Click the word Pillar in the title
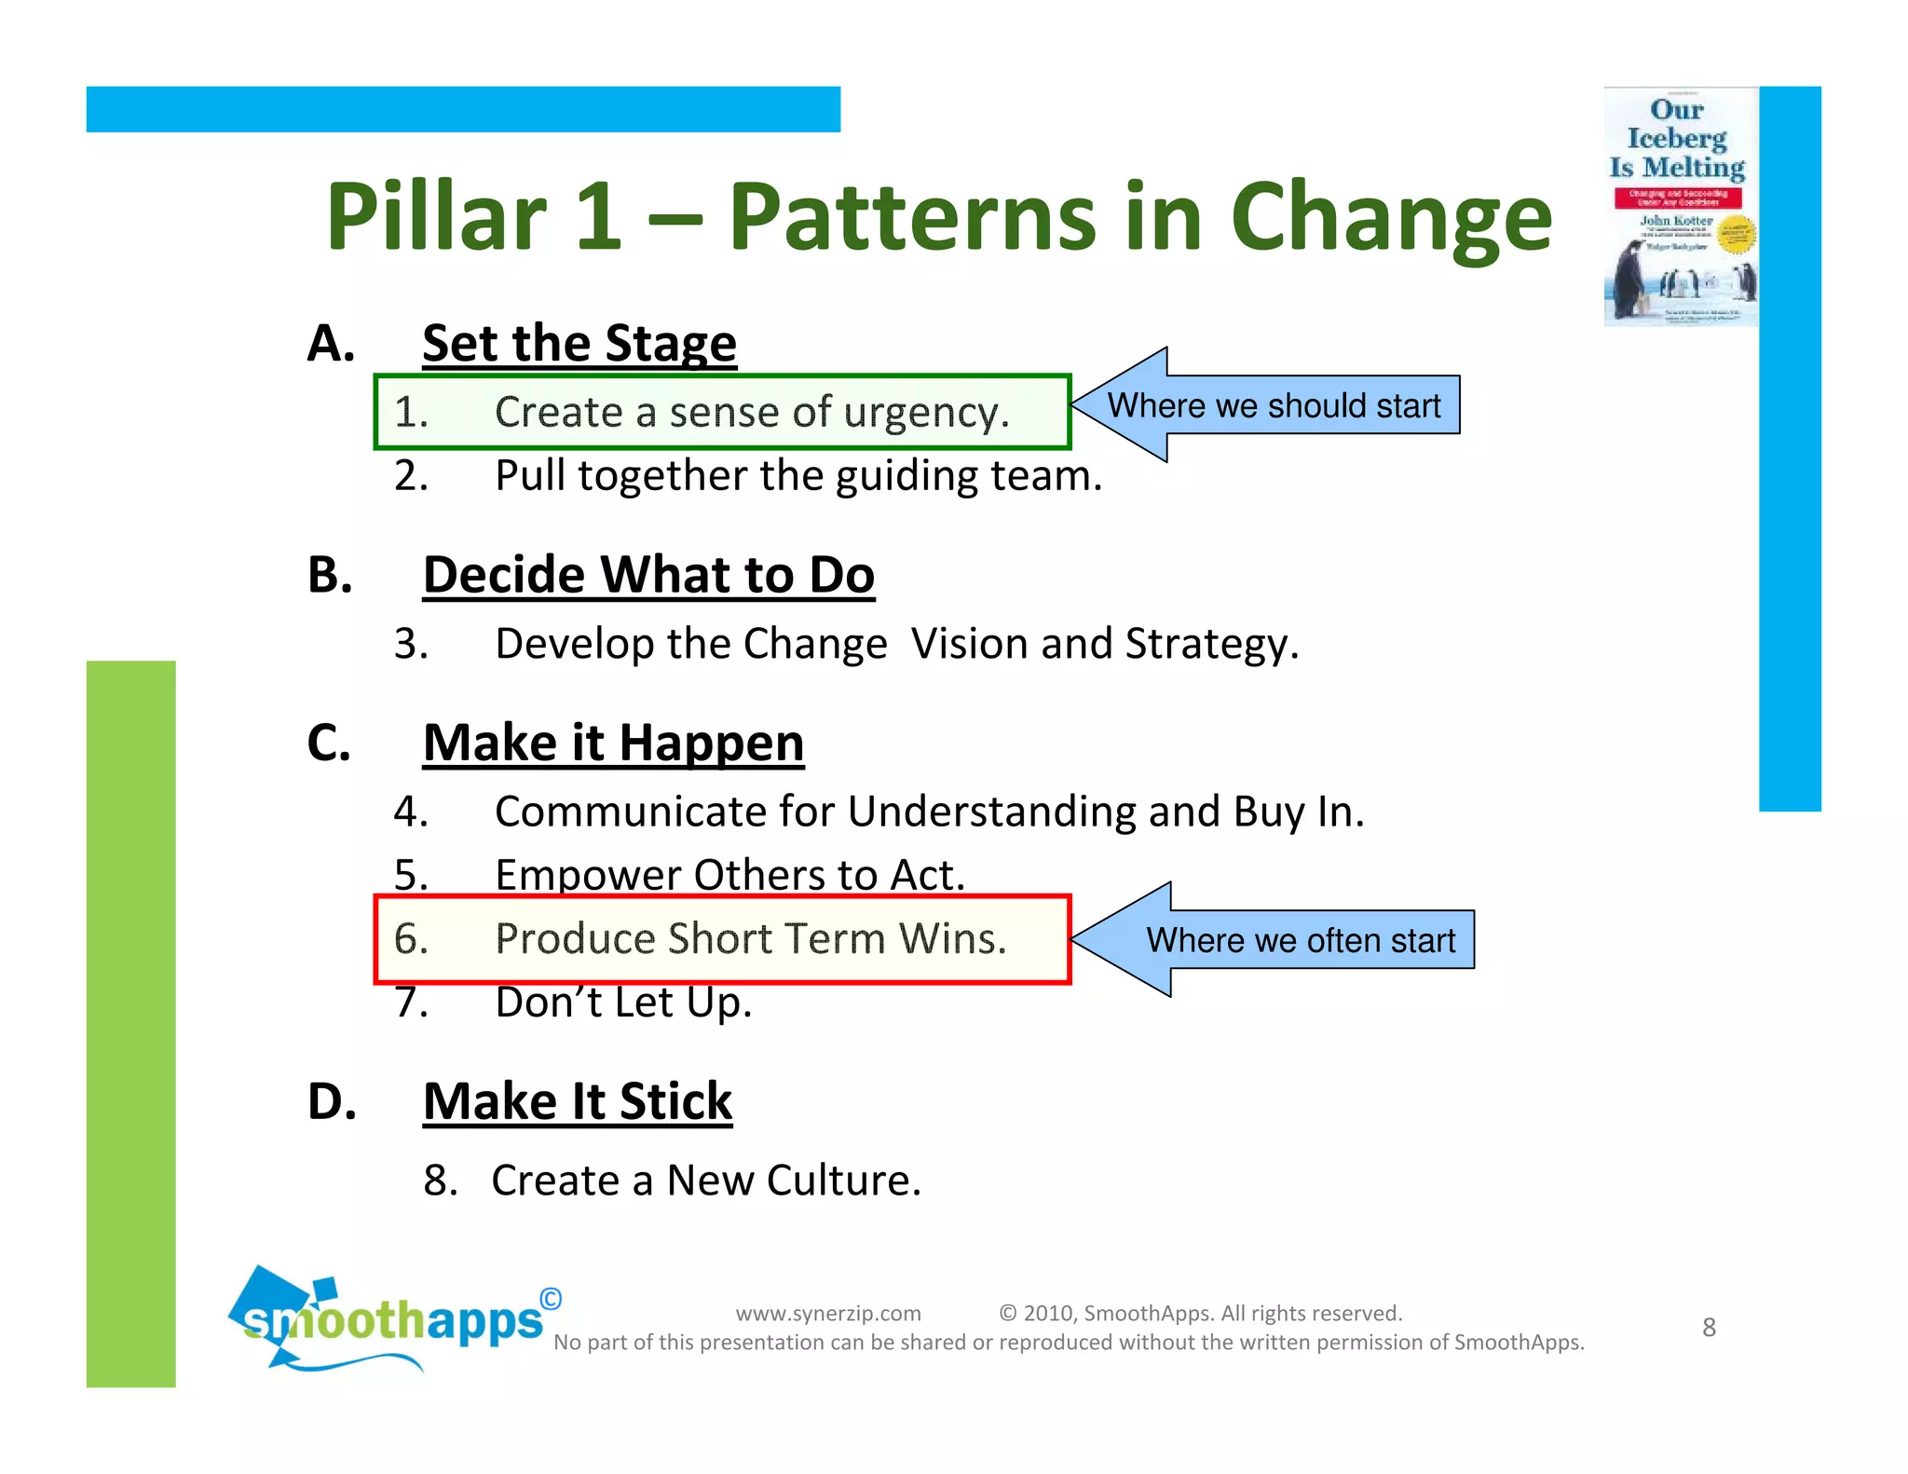[x=435, y=217]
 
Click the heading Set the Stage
[x=579, y=343]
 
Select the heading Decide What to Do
[x=648, y=574]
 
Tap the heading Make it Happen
[x=613, y=743]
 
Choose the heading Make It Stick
[x=578, y=1101]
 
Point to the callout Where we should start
[x=1273, y=406]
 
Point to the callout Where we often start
[x=1300, y=940]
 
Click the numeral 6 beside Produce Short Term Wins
[x=410, y=938]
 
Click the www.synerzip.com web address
[x=827, y=1313]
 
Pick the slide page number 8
[x=1709, y=1327]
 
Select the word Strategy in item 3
[x=1210, y=644]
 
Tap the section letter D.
[x=331, y=1101]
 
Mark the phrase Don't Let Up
[x=622, y=1003]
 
